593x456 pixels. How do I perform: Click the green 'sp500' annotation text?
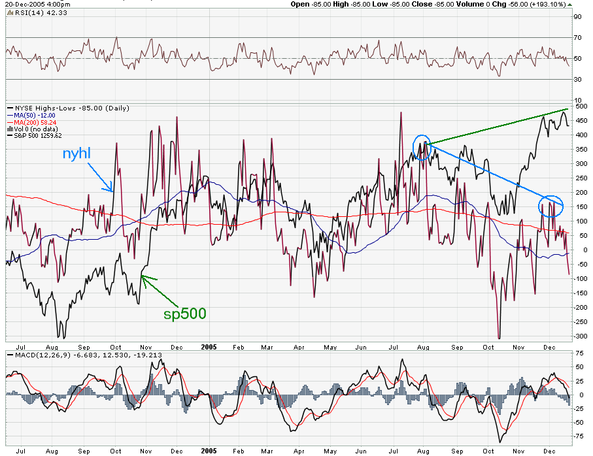184,314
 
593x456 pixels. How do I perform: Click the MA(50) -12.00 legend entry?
31,115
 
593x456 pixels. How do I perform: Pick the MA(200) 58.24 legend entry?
33,122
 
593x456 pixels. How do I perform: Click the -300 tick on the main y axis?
578,336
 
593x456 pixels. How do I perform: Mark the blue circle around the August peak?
423,147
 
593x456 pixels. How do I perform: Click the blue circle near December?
551,206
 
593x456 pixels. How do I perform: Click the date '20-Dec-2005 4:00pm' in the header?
33,3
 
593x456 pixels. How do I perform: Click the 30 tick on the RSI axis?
578,80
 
